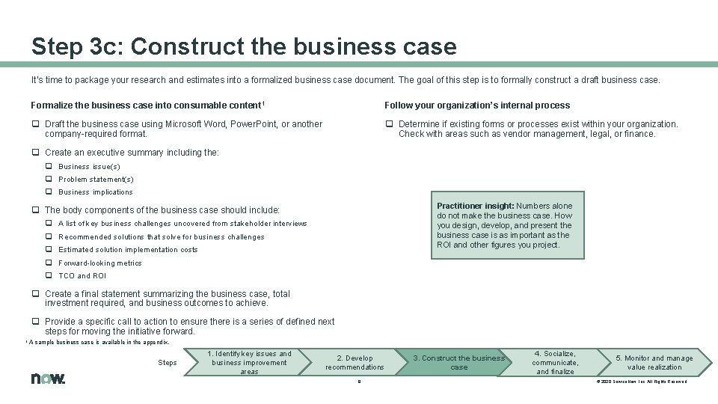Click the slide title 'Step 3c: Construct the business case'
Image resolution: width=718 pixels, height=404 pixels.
pos(244,46)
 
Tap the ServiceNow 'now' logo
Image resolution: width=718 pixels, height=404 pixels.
pos(48,379)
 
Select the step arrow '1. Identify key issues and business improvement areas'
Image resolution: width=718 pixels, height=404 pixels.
pos(250,363)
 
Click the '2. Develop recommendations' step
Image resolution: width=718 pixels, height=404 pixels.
pos(354,363)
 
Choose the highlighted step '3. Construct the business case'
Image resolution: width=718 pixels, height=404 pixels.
pos(458,363)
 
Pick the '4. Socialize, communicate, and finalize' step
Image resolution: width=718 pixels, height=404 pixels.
pos(555,363)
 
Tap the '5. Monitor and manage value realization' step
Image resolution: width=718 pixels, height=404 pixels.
pos(654,363)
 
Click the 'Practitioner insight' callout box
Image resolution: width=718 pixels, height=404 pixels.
pos(504,225)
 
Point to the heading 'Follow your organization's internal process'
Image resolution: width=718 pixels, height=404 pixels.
pos(477,105)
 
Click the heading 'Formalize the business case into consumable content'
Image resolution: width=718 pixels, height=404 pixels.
pos(148,105)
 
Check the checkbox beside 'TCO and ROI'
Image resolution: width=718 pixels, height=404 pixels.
pos(49,276)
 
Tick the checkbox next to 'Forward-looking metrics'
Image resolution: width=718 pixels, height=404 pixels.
pos(49,263)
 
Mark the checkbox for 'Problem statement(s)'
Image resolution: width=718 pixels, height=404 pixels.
pos(49,180)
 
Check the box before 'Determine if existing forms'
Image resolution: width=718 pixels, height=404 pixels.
pos(389,124)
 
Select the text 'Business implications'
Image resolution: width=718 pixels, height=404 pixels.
pos(95,192)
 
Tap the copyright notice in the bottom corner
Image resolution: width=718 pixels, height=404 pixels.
pos(641,382)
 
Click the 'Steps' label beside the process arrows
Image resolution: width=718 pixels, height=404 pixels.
pos(168,363)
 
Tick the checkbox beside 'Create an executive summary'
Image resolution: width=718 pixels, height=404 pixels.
pos(35,153)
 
